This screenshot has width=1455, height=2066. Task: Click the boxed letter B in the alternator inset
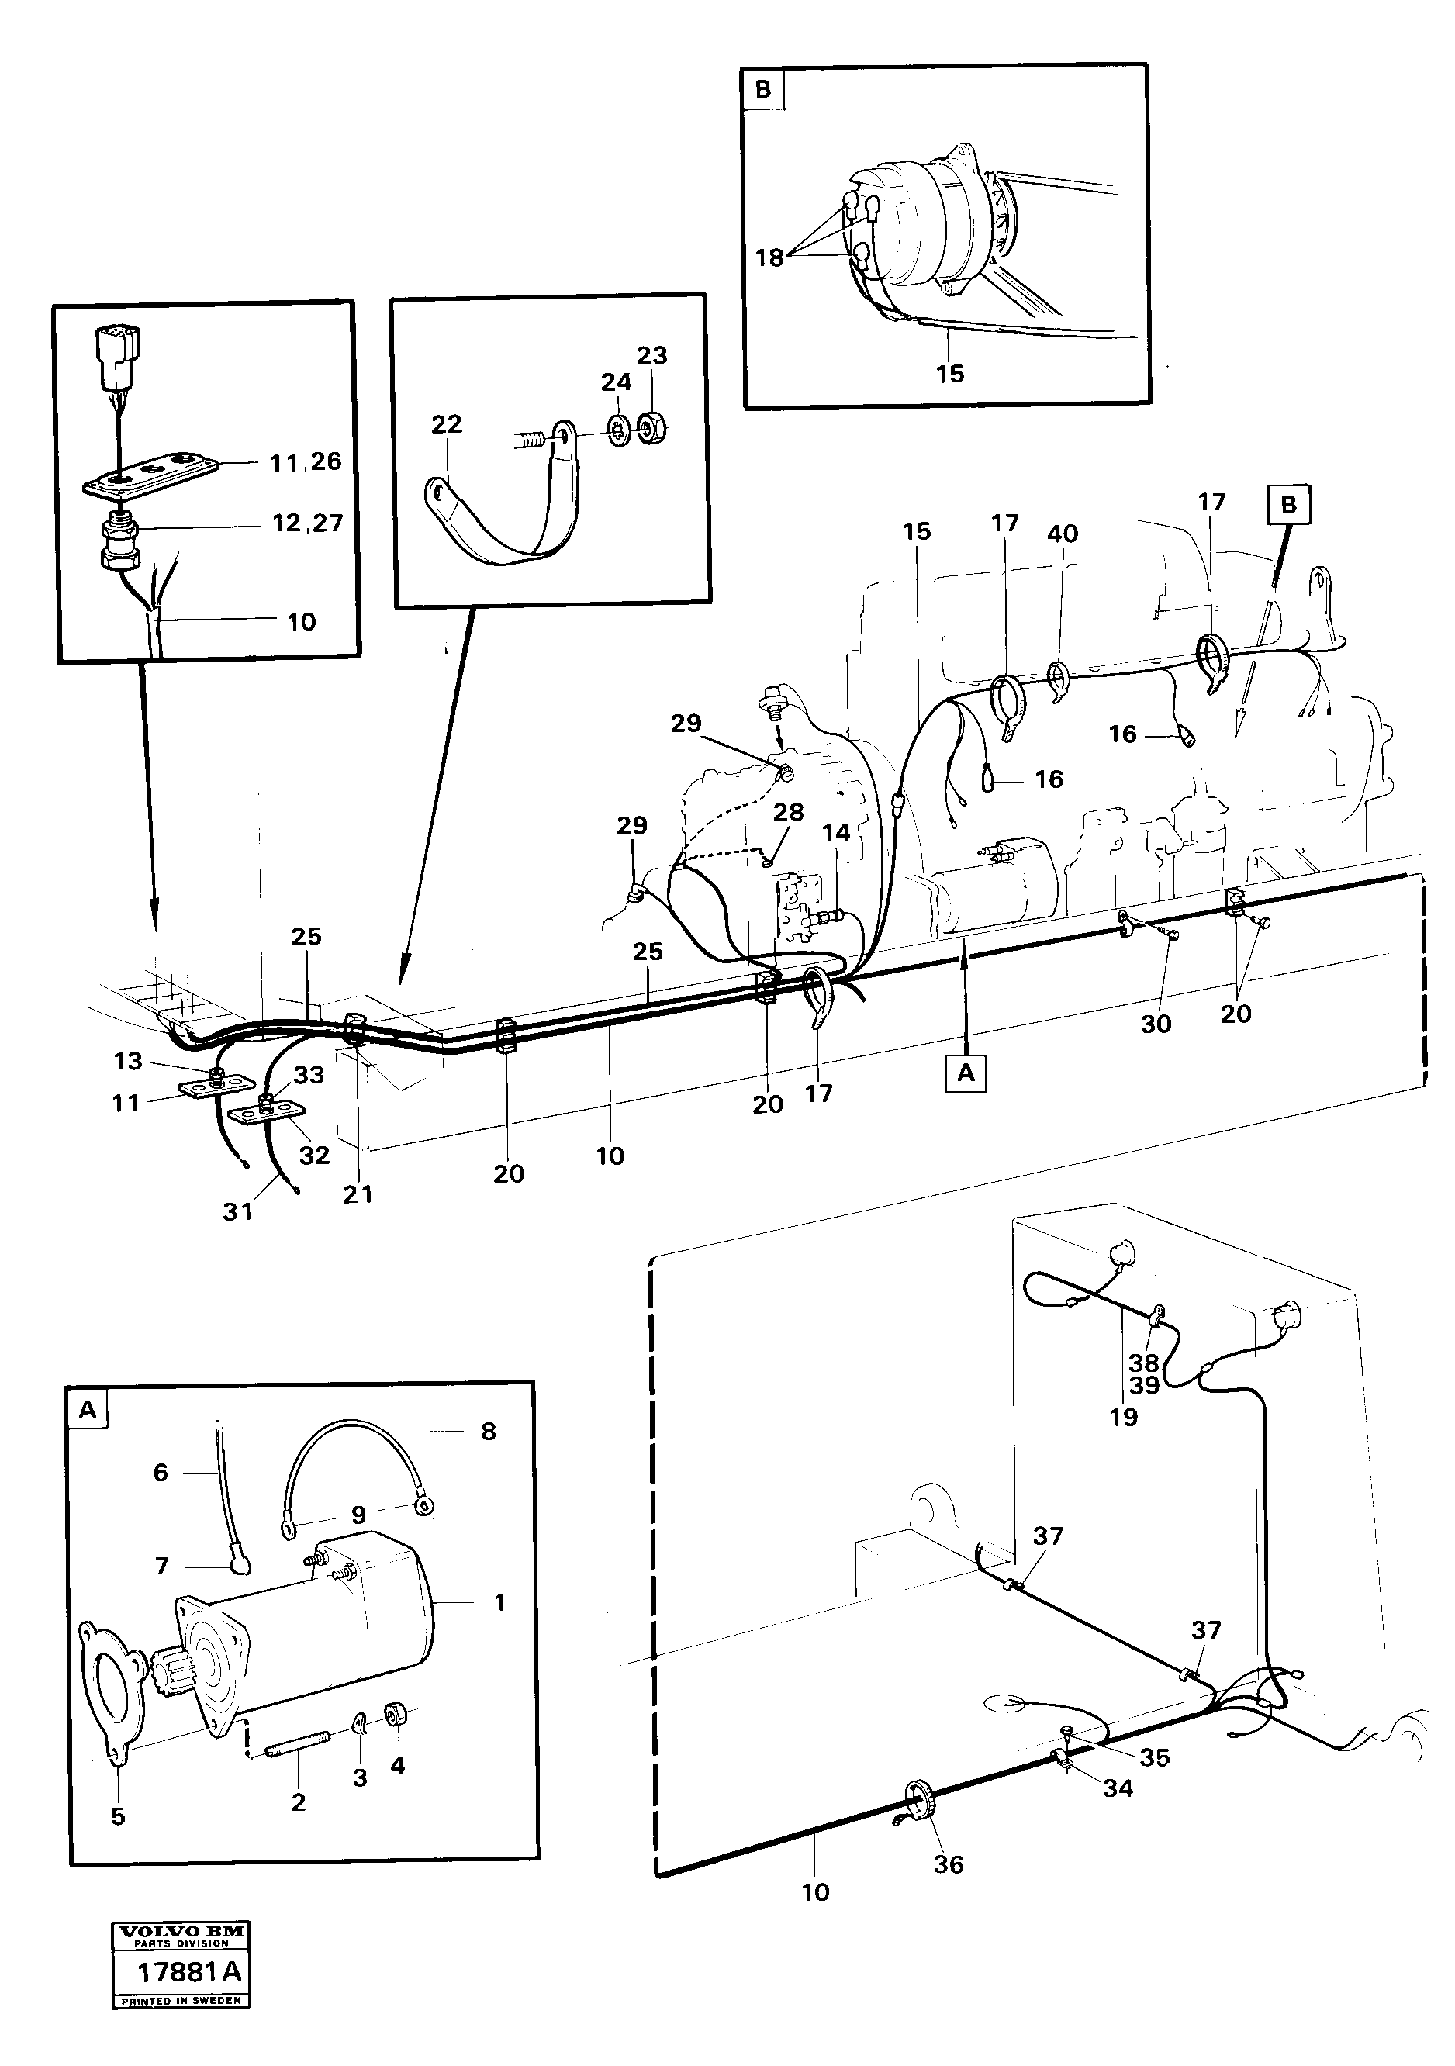click(763, 89)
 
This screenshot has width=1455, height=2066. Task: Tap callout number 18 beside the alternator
click(769, 257)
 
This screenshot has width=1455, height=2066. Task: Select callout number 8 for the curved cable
click(489, 1431)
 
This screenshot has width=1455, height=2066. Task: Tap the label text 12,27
click(307, 523)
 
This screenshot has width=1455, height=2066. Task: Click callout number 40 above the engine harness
click(1063, 534)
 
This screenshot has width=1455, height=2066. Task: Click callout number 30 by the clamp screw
click(1156, 1023)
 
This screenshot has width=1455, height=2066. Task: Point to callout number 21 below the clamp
click(358, 1194)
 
